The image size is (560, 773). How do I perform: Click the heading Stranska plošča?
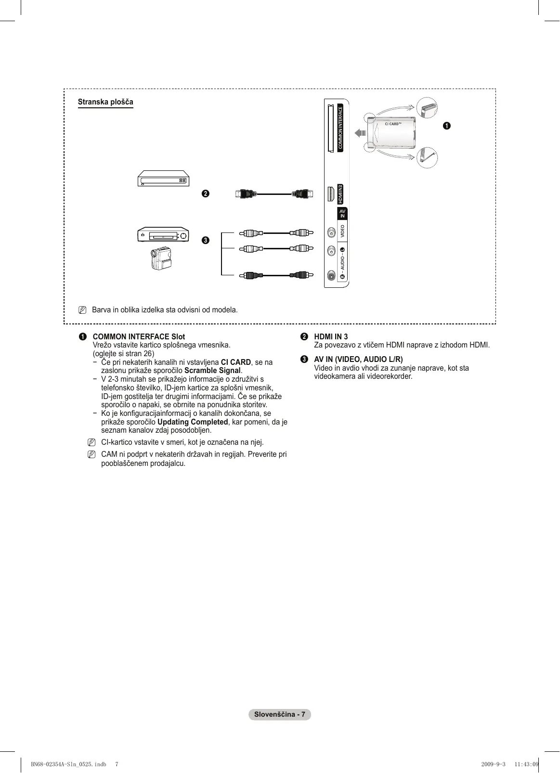[105, 102]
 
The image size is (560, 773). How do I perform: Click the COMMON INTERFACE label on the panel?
[340, 128]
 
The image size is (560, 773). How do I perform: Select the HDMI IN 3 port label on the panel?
[340, 194]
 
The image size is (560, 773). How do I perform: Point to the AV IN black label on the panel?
[342, 214]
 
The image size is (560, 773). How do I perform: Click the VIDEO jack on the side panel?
[331, 232]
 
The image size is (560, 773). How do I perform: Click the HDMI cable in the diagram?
[274, 194]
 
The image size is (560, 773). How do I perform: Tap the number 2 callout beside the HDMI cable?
[206, 193]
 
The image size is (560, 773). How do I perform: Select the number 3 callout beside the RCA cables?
[206, 240]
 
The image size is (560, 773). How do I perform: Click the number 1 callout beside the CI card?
[447, 126]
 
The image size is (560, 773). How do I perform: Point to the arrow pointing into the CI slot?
[360, 133]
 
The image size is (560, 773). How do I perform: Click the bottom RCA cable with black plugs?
[274, 275]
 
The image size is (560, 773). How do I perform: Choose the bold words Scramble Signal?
[212, 371]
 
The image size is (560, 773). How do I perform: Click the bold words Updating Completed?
[193, 422]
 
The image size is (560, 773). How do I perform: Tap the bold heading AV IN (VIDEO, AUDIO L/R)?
[358, 360]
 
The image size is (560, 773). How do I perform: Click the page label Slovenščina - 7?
[280, 714]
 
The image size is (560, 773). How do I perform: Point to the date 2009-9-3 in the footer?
[493, 764]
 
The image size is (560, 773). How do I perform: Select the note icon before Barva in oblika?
[82, 309]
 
